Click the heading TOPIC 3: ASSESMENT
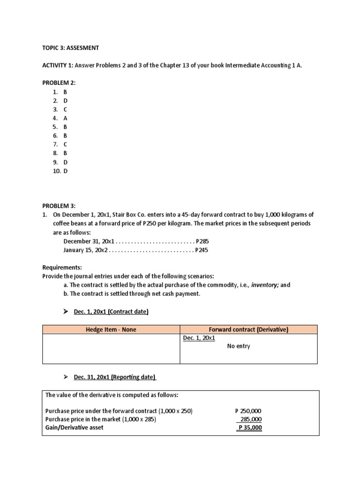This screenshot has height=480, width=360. point(70,48)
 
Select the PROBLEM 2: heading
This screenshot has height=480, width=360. point(59,83)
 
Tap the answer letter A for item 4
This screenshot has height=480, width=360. point(66,119)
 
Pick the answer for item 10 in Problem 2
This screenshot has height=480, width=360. point(66,171)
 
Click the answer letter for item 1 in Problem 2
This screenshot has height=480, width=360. point(66,92)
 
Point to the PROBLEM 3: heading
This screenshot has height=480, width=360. point(59,206)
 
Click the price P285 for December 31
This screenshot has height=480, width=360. point(202,241)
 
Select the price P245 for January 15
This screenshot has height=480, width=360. point(202,250)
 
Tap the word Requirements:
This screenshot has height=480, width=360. point(62,267)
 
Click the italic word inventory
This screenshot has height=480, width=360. point(265,285)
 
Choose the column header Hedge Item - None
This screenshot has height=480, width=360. point(111,330)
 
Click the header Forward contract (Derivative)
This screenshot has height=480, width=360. point(248,330)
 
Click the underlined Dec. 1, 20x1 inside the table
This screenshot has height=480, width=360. point(197,338)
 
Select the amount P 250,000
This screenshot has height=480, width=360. point(248,411)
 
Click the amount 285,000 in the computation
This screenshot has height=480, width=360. point(251,420)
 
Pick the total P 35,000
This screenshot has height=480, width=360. point(250,428)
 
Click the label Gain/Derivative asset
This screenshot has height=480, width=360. point(75,428)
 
